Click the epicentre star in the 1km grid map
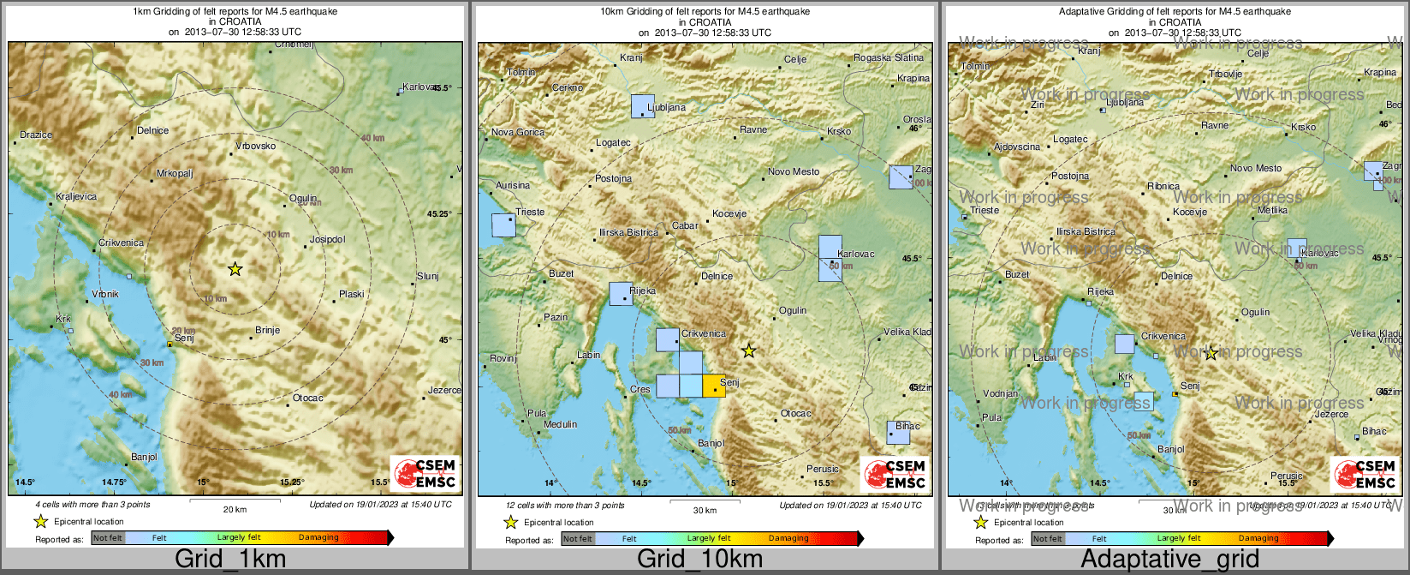(x=235, y=269)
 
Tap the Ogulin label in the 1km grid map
(x=302, y=198)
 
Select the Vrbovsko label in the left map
(x=255, y=146)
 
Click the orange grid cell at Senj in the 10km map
(x=714, y=386)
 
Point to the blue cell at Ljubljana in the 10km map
(x=643, y=105)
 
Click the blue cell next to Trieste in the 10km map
(x=503, y=225)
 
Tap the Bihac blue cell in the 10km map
(x=898, y=433)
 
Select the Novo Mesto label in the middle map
(x=794, y=171)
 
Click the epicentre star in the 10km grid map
(x=749, y=350)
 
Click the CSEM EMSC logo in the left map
(x=425, y=474)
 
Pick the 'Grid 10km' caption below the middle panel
(x=699, y=560)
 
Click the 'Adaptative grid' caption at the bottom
(x=1169, y=560)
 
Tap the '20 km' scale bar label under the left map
(x=235, y=509)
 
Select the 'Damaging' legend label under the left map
(x=318, y=537)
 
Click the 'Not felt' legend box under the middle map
(x=578, y=538)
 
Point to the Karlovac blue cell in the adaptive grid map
(x=1297, y=248)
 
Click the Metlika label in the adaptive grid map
(x=1273, y=210)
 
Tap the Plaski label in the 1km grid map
(x=352, y=294)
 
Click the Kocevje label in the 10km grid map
(x=730, y=213)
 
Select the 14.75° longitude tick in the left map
(x=114, y=482)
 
